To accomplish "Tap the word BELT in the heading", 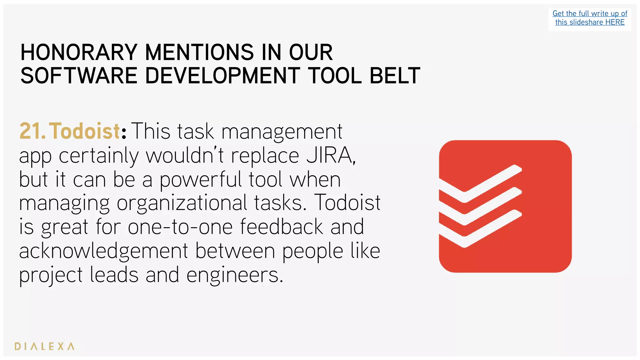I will pos(395,76).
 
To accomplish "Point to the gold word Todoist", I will pos(84,131).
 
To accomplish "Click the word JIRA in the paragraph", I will pos(330,155).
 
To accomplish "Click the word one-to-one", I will pos(180,227).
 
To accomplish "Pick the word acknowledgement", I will pos(103,251).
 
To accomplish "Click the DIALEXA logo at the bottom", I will pos(44,346).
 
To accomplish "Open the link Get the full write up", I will pos(590,14).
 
